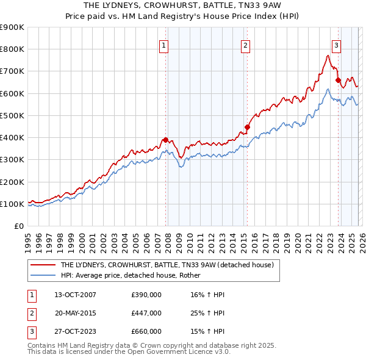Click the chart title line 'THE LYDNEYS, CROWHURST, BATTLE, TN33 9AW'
[182, 5]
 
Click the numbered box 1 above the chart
[164, 45]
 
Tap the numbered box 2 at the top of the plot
[245, 45]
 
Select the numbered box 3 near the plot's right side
[336, 45]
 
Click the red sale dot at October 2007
[165, 140]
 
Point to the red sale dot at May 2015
[247, 127]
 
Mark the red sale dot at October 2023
[338, 80]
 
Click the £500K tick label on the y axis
[12, 115]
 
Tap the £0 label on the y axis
[19, 226]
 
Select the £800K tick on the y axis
[12, 49]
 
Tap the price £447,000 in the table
[146, 313]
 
